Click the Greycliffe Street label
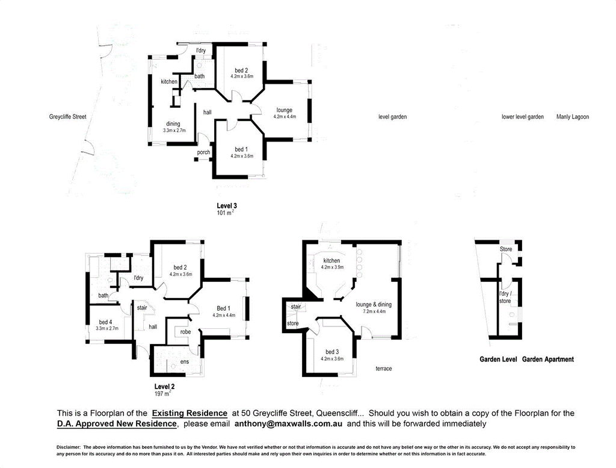click(x=67, y=117)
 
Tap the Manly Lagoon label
click(x=573, y=117)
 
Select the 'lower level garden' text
click(x=523, y=117)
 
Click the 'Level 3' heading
click(x=227, y=205)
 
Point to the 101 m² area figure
click(x=226, y=213)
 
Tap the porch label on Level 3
click(x=203, y=152)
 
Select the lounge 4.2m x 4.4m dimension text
click(x=285, y=117)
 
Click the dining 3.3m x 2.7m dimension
click(x=174, y=131)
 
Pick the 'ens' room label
click(x=185, y=362)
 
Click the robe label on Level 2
click(x=185, y=332)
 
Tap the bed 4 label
click(x=105, y=322)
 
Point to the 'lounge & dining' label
click(x=374, y=304)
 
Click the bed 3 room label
click(x=332, y=352)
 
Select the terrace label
click(x=383, y=369)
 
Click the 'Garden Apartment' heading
click(x=547, y=360)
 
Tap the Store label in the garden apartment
click(x=506, y=249)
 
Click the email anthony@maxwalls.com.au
click(x=288, y=424)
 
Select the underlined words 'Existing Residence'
click(x=189, y=413)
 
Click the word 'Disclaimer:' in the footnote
click(x=69, y=447)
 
